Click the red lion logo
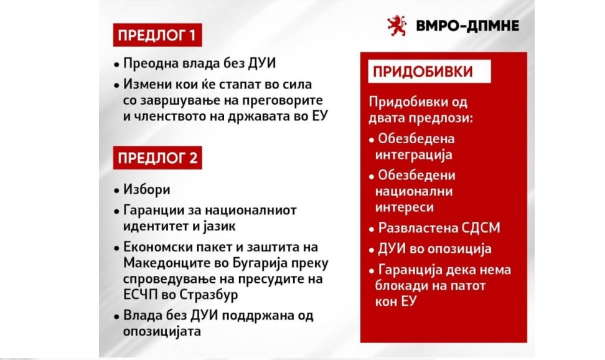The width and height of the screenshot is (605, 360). (x=397, y=26)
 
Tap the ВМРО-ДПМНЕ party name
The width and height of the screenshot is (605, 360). (x=467, y=26)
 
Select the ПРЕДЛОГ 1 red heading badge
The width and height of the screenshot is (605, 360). (x=157, y=35)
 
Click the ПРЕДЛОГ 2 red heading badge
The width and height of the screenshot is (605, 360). (x=157, y=158)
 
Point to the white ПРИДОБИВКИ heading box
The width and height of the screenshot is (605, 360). (x=429, y=72)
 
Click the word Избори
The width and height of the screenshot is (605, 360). (x=147, y=189)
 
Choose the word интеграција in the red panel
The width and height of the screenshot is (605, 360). (x=414, y=155)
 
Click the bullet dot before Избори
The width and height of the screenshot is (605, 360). (x=116, y=191)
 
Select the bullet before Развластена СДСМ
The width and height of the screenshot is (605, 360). (x=372, y=229)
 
